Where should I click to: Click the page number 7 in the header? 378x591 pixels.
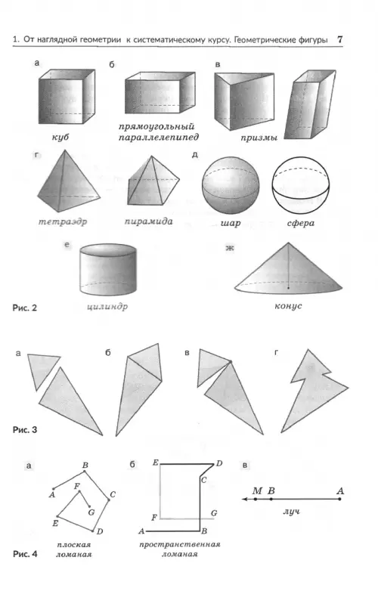click(340, 39)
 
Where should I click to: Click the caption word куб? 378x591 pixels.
click(60, 137)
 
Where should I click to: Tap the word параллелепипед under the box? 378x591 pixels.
click(159, 138)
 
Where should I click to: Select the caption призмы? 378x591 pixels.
click(259, 138)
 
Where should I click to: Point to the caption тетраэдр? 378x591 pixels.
click(63, 221)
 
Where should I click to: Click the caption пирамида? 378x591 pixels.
click(148, 221)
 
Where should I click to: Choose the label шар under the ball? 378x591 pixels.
click(231, 223)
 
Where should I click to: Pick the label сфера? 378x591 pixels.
click(300, 223)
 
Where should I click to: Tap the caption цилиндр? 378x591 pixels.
click(107, 306)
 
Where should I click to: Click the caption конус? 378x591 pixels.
click(288, 305)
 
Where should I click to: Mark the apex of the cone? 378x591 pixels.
click(288, 243)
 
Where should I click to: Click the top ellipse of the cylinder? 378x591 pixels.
click(108, 250)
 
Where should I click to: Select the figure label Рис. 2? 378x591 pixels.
click(25, 308)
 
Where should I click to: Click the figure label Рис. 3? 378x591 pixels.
click(25, 430)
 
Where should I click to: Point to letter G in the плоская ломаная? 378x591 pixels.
click(91, 512)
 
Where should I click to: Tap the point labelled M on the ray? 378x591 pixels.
click(256, 499)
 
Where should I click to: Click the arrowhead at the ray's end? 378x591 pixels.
click(245, 499)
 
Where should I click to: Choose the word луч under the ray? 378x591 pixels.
click(291, 512)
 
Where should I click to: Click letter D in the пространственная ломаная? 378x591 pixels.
click(219, 463)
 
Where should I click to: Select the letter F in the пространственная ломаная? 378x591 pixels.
click(154, 518)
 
